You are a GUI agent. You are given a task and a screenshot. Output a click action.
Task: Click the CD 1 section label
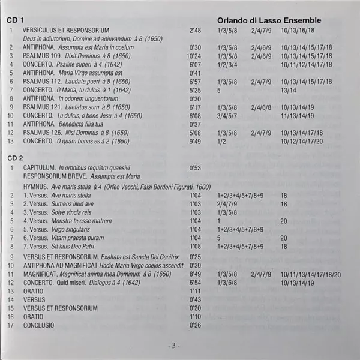click(x=17, y=20)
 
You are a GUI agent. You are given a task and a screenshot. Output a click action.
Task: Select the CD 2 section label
click(x=17, y=157)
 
